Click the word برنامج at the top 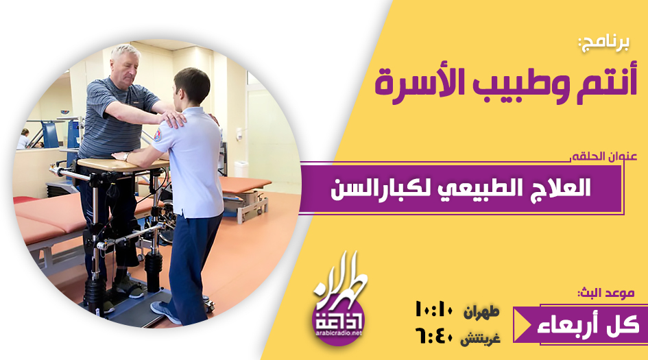(x=603, y=43)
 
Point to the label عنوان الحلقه (x=604, y=156)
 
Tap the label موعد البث (x=606, y=293)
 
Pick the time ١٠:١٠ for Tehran (x=434, y=309)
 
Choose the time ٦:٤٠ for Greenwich (x=434, y=337)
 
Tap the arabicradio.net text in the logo (x=339, y=333)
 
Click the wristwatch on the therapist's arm (x=126, y=157)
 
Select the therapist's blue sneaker (x=165, y=312)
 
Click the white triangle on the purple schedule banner (x=523, y=324)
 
